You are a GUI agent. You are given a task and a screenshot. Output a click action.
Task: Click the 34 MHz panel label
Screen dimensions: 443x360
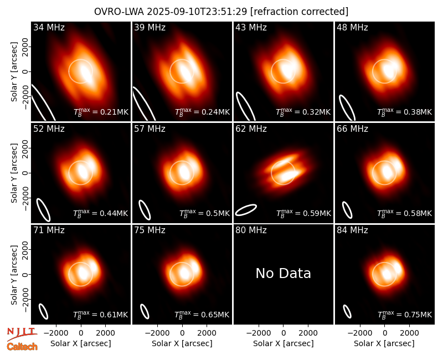[x=49, y=27]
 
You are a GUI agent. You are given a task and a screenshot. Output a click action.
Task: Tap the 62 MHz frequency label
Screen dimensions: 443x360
[x=251, y=129]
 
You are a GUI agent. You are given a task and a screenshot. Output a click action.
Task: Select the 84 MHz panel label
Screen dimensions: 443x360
[x=352, y=230]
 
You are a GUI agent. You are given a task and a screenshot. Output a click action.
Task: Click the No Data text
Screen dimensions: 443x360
[x=283, y=273]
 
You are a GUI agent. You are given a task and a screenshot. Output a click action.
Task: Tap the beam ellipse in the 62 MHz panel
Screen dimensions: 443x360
[x=246, y=210]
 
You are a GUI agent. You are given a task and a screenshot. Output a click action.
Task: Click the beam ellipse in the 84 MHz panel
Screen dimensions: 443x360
[x=347, y=311]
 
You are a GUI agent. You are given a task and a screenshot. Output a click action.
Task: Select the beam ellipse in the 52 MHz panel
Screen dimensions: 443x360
[x=44, y=210]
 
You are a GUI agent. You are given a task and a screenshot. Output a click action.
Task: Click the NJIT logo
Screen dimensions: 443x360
[x=22, y=333]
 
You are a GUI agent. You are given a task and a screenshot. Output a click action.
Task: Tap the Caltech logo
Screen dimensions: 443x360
[x=22, y=347]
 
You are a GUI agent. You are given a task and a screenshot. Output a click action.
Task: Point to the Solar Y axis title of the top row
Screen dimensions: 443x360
[x=14, y=72]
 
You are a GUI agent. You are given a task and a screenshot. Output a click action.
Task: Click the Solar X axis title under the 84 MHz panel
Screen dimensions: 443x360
[x=384, y=343]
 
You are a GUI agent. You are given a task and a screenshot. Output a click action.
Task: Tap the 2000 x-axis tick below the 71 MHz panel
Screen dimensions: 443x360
[x=105, y=333]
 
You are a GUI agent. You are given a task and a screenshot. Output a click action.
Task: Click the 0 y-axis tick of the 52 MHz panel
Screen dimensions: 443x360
[x=25, y=173]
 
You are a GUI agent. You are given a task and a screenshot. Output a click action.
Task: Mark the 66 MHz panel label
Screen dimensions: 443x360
[x=352, y=129]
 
